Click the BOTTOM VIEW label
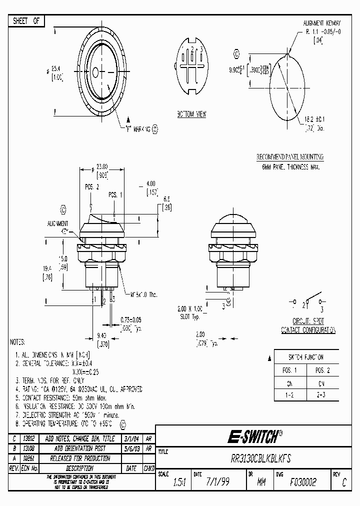[191, 114]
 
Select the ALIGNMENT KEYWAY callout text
[322, 23]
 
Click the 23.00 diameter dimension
[101, 167]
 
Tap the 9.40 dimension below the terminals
[102, 336]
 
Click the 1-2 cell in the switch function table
[289, 394]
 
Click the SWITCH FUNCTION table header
[306, 357]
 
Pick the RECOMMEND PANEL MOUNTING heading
[289, 156]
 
